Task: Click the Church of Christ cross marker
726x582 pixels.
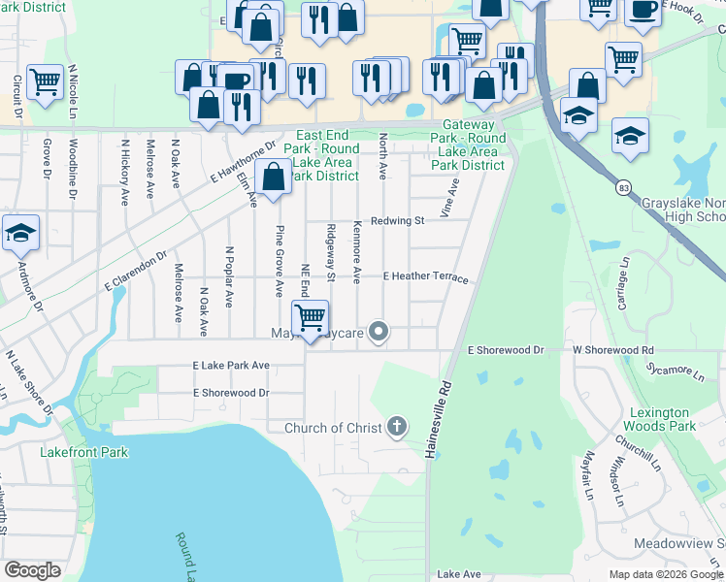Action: [396, 426]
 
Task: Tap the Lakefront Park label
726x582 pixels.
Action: [77, 451]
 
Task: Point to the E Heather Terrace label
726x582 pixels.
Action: [425, 277]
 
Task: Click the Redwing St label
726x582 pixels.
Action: [398, 221]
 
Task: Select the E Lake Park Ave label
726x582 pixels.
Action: [231, 367]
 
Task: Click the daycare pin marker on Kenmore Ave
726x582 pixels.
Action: [379, 333]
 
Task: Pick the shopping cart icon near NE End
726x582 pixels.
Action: [310, 317]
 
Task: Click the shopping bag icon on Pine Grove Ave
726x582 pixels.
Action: [273, 177]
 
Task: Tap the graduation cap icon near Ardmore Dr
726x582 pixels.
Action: [19, 233]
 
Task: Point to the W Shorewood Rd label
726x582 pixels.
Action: [612, 349]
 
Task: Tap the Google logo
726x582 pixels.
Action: [32, 570]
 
